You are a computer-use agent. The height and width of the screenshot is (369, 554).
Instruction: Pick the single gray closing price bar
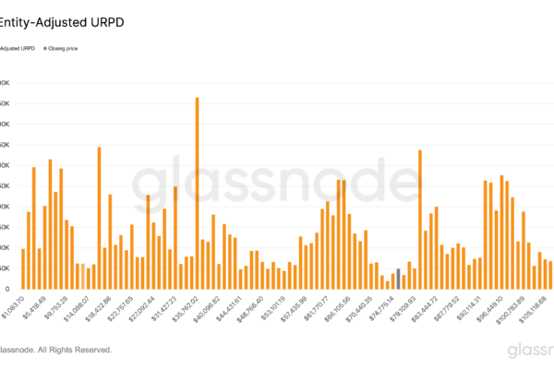398,278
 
